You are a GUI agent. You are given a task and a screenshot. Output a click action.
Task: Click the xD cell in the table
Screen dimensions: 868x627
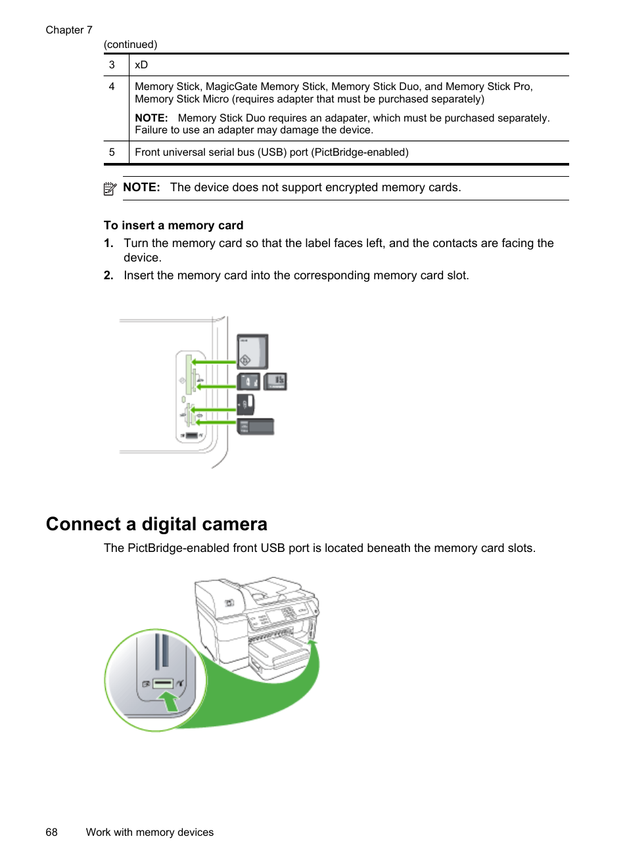[x=141, y=65]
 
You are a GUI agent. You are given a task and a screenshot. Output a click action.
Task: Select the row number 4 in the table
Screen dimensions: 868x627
[x=112, y=87]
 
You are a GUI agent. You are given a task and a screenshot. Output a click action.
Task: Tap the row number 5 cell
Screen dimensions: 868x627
[x=112, y=152]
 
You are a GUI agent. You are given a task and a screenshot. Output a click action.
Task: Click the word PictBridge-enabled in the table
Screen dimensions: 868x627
[x=360, y=152]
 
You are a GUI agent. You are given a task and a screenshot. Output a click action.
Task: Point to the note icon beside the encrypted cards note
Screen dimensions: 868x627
[x=110, y=189]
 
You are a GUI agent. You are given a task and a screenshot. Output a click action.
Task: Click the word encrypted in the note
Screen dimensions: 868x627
[x=352, y=187]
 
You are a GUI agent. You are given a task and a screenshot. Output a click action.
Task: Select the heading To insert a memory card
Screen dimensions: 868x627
[x=174, y=225]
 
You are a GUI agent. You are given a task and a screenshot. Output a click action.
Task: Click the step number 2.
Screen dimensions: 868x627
[x=108, y=275]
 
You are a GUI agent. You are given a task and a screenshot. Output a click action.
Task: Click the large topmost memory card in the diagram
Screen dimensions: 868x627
[x=252, y=352]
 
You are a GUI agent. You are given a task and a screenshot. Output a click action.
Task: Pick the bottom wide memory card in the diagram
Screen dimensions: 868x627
[x=256, y=426]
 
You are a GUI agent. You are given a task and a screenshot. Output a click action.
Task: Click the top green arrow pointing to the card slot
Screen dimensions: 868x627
[x=214, y=361]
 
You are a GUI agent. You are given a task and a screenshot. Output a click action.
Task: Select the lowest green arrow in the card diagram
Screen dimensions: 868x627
[x=214, y=423]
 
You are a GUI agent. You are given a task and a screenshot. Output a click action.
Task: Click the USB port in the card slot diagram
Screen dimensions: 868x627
[x=191, y=436]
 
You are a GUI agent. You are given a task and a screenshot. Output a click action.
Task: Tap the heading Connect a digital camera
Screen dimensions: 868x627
[x=156, y=524]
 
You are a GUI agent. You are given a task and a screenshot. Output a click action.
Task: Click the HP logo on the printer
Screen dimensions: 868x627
[x=229, y=603]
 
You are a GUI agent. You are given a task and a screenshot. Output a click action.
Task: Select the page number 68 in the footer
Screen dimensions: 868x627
[x=51, y=832]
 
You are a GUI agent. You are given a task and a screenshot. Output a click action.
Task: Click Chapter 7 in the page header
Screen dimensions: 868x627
[x=69, y=30]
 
